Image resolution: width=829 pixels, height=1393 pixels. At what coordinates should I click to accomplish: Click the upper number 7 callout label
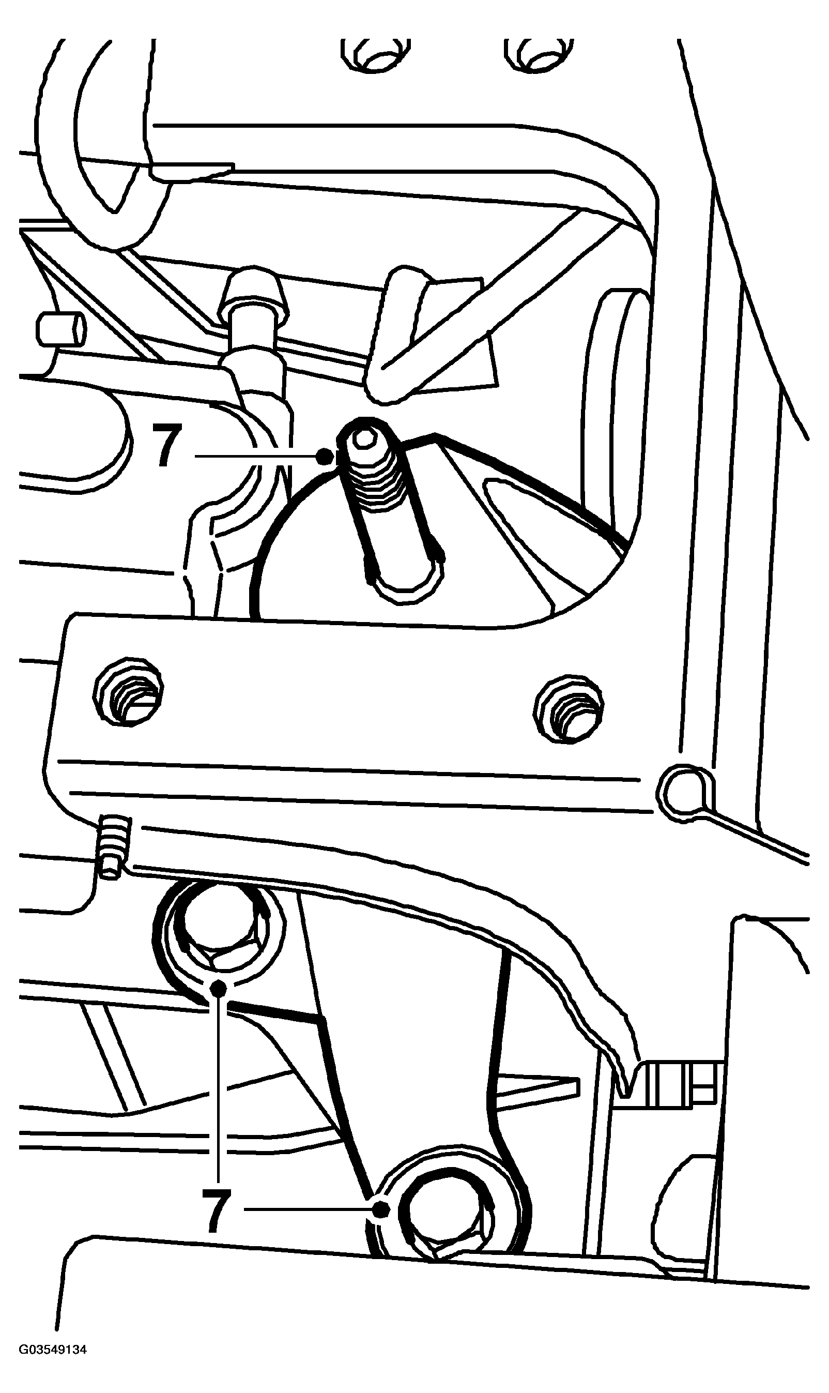click(x=167, y=445)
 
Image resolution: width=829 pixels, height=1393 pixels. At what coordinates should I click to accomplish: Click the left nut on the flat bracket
click(x=129, y=691)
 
